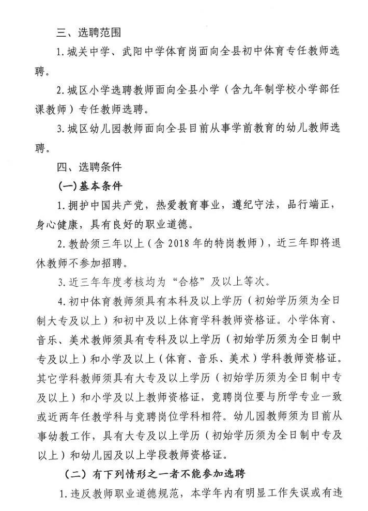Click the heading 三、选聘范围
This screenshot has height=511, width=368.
tap(88, 32)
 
